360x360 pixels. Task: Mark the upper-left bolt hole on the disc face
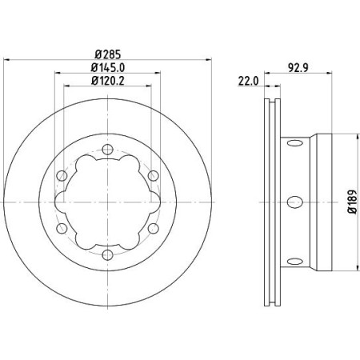tap(61, 174)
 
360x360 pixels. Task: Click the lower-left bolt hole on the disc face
tap(61, 228)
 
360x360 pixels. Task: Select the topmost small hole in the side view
tap(294, 144)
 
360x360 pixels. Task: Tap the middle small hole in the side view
tap(294, 201)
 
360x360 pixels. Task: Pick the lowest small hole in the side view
tap(294, 258)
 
